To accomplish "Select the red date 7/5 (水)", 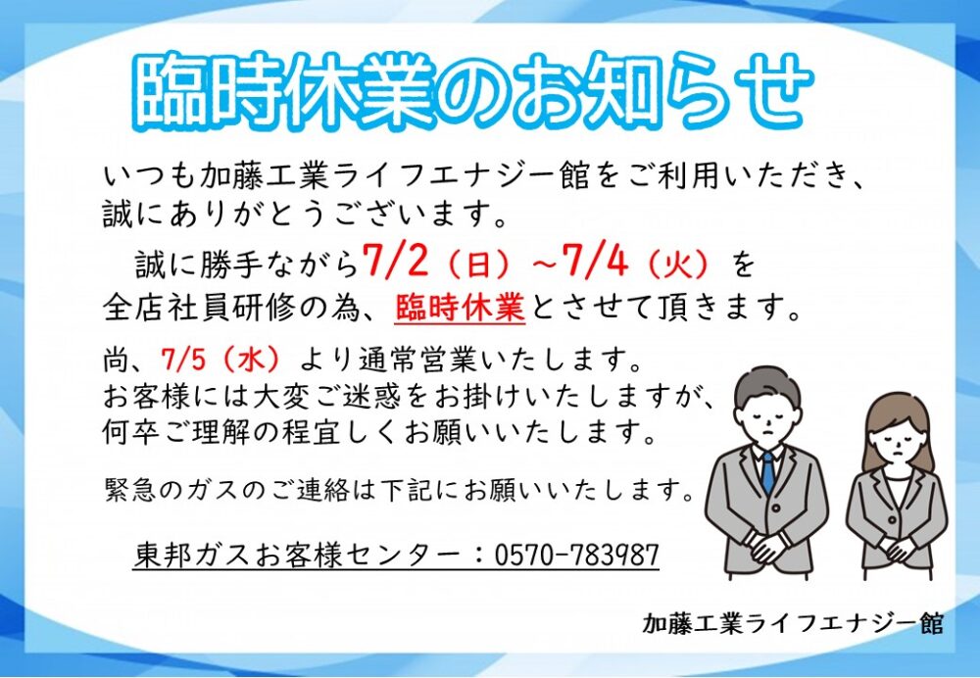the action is (221, 360).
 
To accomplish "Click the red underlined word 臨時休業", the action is (460, 307).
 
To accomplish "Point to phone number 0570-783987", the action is (577, 555).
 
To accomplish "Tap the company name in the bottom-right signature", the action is (793, 623).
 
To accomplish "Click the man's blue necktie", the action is (768, 471).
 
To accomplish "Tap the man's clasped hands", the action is (768, 546).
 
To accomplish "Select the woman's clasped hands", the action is (898, 549).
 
